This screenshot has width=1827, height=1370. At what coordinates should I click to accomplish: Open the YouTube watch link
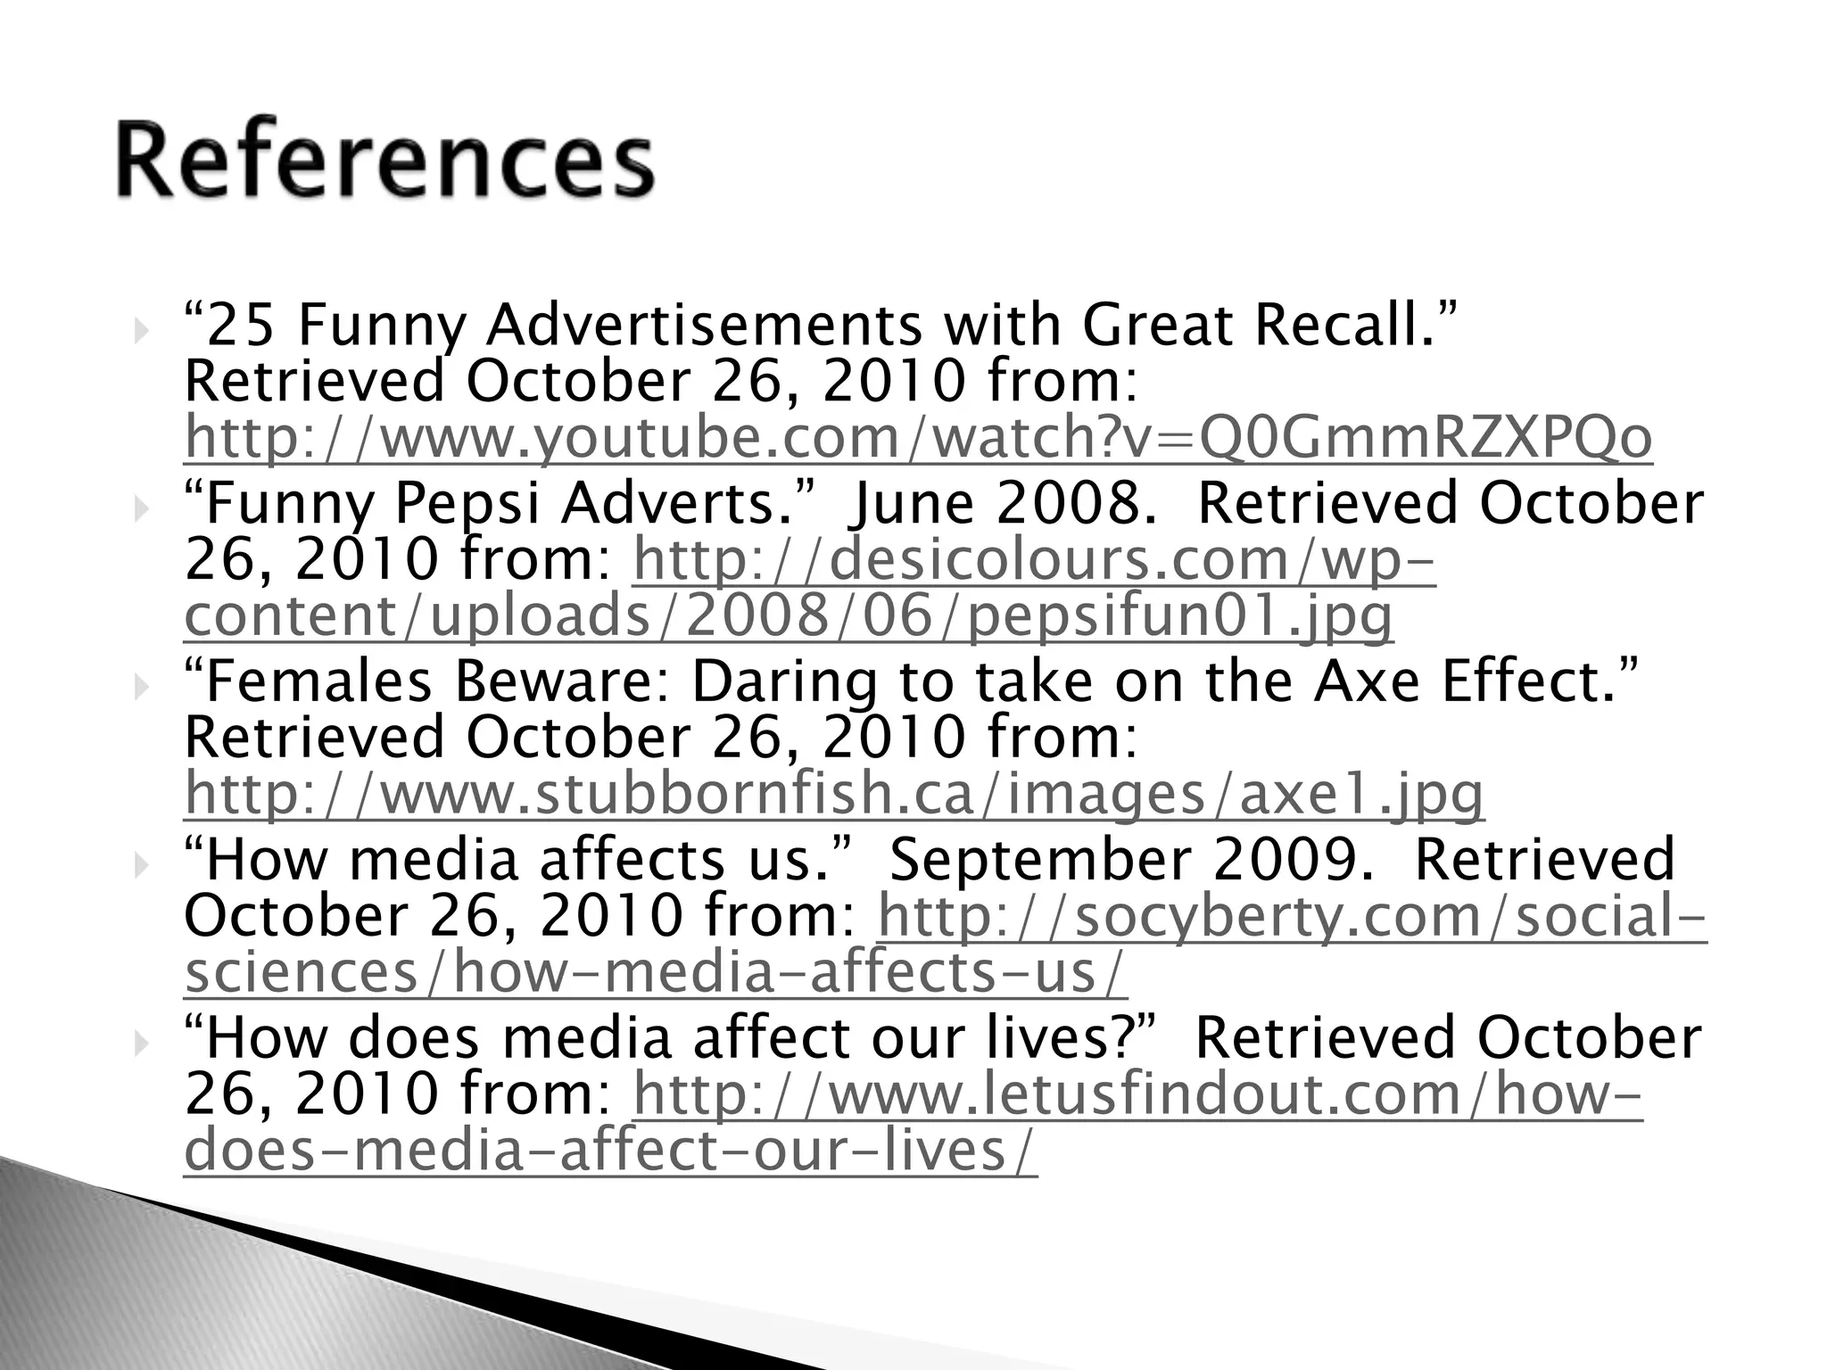(x=918, y=438)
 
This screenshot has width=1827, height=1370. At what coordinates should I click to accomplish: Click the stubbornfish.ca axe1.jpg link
(x=834, y=794)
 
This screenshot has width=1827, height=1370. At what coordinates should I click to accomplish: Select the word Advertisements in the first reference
(x=703, y=325)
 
